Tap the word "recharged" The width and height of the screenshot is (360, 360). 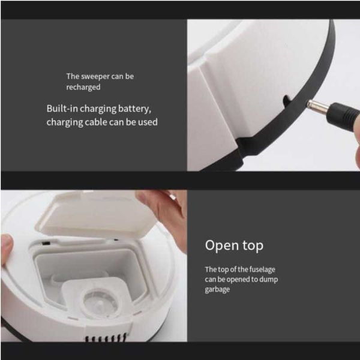click(x=83, y=87)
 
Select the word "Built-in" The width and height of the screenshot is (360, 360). click(x=62, y=109)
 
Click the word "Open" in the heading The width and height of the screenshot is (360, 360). click(x=221, y=245)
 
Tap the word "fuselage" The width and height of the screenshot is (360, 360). click(x=262, y=269)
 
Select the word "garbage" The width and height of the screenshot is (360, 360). click(x=217, y=290)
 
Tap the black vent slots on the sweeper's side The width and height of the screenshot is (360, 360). click(x=106, y=338)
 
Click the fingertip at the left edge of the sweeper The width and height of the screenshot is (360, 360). click(x=7, y=248)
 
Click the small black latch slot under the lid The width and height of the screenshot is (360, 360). click(x=46, y=242)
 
